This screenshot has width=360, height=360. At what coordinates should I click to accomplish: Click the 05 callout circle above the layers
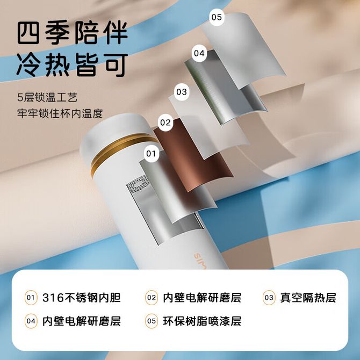(217, 17)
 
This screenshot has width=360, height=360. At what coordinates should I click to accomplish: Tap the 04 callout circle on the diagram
(199, 53)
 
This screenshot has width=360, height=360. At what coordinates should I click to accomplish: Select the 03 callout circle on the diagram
(182, 92)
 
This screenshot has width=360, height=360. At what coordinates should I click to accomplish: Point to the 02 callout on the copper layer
(165, 123)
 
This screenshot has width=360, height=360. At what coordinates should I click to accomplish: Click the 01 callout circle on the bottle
(151, 154)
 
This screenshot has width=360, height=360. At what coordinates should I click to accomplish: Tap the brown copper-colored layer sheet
(193, 156)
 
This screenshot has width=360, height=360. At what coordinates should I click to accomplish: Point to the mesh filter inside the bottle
(138, 184)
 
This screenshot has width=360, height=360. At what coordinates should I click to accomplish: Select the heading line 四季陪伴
(73, 33)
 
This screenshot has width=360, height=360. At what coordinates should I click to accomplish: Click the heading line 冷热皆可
(73, 64)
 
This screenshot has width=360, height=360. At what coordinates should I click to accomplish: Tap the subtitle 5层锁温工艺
(47, 97)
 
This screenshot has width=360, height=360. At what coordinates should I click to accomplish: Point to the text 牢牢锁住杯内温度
(60, 113)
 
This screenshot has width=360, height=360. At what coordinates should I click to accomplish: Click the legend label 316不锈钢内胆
(82, 298)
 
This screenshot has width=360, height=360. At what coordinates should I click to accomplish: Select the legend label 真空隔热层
(308, 298)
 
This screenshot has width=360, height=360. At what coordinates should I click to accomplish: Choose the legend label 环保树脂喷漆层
(202, 321)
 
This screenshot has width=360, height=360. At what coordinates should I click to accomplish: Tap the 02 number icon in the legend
(152, 298)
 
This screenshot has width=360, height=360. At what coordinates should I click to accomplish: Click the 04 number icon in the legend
(31, 321)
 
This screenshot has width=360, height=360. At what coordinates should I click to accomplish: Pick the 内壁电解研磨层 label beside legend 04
(82, 321)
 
